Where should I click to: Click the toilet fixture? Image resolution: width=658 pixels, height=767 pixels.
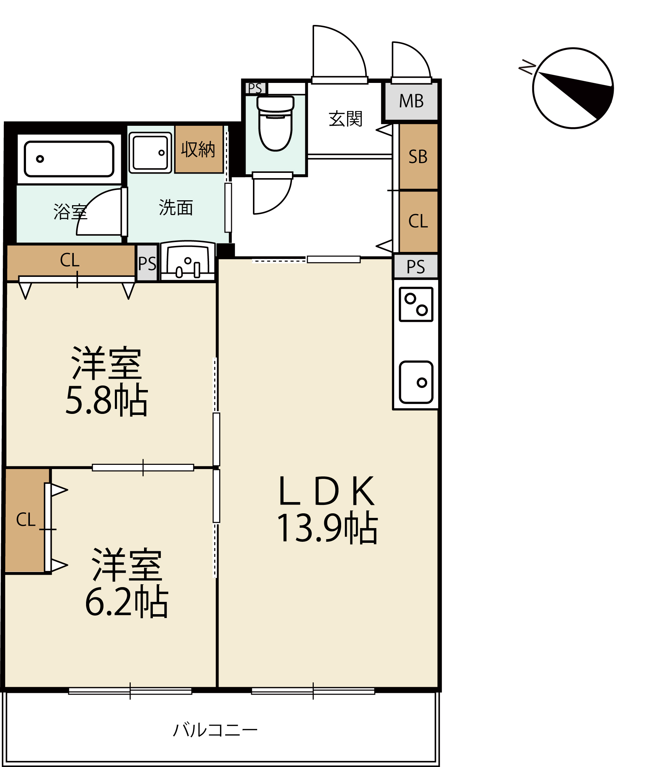[275, 123]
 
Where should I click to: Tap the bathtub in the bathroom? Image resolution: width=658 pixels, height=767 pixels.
[69, 159]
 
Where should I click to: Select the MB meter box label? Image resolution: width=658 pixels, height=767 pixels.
[411, 101]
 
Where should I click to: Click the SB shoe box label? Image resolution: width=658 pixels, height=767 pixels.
[418, 157]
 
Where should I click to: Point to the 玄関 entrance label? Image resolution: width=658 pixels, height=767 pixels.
[345, 119]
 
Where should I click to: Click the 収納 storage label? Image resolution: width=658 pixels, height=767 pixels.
[198, 149]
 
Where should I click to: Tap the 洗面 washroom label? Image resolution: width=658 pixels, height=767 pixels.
[176, 207]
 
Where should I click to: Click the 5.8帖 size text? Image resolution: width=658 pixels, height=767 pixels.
[107, 401]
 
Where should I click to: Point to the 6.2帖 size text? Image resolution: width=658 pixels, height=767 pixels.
[127, 602]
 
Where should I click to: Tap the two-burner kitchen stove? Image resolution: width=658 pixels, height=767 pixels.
[416, 304]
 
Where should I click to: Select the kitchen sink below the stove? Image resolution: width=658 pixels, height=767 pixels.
[416, 382]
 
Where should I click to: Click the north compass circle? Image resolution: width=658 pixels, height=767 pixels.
[573, 88]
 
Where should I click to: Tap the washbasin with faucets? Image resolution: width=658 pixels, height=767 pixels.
[188, 261]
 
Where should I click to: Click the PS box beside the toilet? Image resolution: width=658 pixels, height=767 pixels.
[255, 89]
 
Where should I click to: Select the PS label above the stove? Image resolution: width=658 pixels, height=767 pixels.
[416, 267]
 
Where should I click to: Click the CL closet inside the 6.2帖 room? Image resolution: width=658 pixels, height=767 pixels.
[26, 520]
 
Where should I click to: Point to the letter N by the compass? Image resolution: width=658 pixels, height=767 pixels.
[527, 67]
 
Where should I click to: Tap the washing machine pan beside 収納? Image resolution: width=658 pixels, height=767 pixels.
[150, 152]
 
